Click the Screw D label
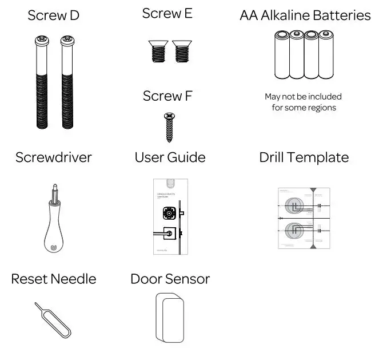pyautogui.click(x=53, y=15)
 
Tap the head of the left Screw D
pyautogui.click(x=43, y=41)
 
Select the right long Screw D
pyautogui.click(x=66, y=86)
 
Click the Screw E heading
pyautogui.click(x=167, y=14)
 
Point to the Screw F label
pyautogui.click(x=167, y=96)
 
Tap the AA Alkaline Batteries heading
pyautogui.click(x=305, y=15)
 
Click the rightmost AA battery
pyautogui.click(x=326, y=56)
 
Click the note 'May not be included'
pyautogui.click(x=303, y=97)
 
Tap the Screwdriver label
pyautogui.click(x=53, y=157)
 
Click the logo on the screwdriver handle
pyautogui.click(x=53, y=247)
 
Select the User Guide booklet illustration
pyautogui.click(x=167, y=216)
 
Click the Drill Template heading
pyautogui.click(x=304, y=157)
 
